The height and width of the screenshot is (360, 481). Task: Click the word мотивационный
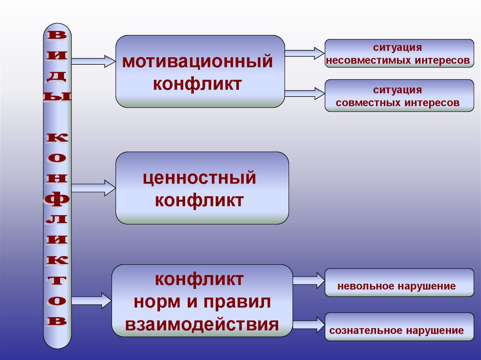click(x=197, y=62)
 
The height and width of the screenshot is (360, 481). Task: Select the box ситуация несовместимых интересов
click(x=399, y=54)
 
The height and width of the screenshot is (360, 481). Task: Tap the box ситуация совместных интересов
click(x=399, y=95)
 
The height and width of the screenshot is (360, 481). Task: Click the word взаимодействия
click(x=202, y=324)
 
